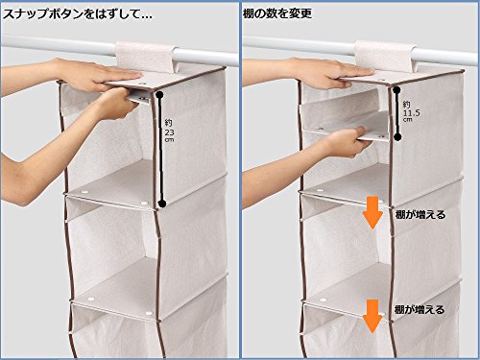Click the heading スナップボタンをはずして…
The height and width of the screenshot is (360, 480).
(78, 14)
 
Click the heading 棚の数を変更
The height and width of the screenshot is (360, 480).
(277, 13)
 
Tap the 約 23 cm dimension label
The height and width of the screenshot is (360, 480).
(169, 131)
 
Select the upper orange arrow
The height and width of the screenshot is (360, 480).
(372, 212)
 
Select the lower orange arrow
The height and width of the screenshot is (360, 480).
(372, 316)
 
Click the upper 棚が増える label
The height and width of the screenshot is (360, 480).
(420, 215)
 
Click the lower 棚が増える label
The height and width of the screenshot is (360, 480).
(420, 309)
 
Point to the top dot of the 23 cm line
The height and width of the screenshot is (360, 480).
(160, 94)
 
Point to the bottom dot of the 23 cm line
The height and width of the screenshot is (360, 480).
(162, 204)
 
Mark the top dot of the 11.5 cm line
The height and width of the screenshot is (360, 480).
(396, 90)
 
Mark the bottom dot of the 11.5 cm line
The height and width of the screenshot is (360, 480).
(397, 137)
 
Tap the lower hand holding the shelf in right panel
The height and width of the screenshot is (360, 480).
(346, 141)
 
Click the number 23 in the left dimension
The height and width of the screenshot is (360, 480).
(169, 132)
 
